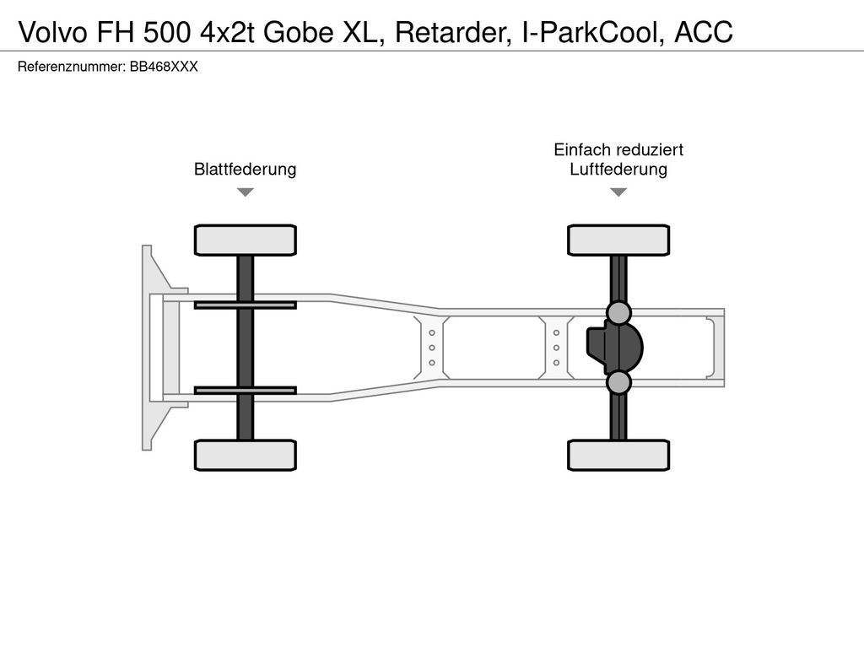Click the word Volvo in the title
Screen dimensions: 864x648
pyautogui.click(x=53, y=32)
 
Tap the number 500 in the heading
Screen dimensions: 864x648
pyautogui.click(x=168, y=32)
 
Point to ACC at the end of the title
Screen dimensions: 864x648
pyautogui.click(x=704, y=32)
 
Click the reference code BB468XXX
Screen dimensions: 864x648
pyautogui.click(x=164, y=67)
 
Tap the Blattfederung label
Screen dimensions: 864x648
pyautogui.click(x=246, y=169)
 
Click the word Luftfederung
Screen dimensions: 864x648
pyautogui.click(x=618, y=169)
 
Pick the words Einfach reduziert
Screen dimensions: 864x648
pyautogui.click(x=618, y=149)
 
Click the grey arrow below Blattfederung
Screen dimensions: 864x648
pyautogui.click(x=246, y=192)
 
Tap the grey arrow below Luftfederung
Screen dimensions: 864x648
pyautogui.click(x=618, y=192)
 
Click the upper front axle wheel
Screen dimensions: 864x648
pyautogui.click(x=246, y=240)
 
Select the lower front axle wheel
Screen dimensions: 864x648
pyautogui.click(x=246, y=455)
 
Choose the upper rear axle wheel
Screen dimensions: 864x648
pyautogui.click(x=618, y=240)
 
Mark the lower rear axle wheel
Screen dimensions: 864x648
pyautogui.click(x=618, y=455)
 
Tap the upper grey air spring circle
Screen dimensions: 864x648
pyautogui.click(x=618, y=313)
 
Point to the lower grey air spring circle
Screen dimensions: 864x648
pyautogui.click(x=618, y=382)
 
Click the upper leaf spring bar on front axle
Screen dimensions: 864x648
pyautogui.click(x=246, y=305)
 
